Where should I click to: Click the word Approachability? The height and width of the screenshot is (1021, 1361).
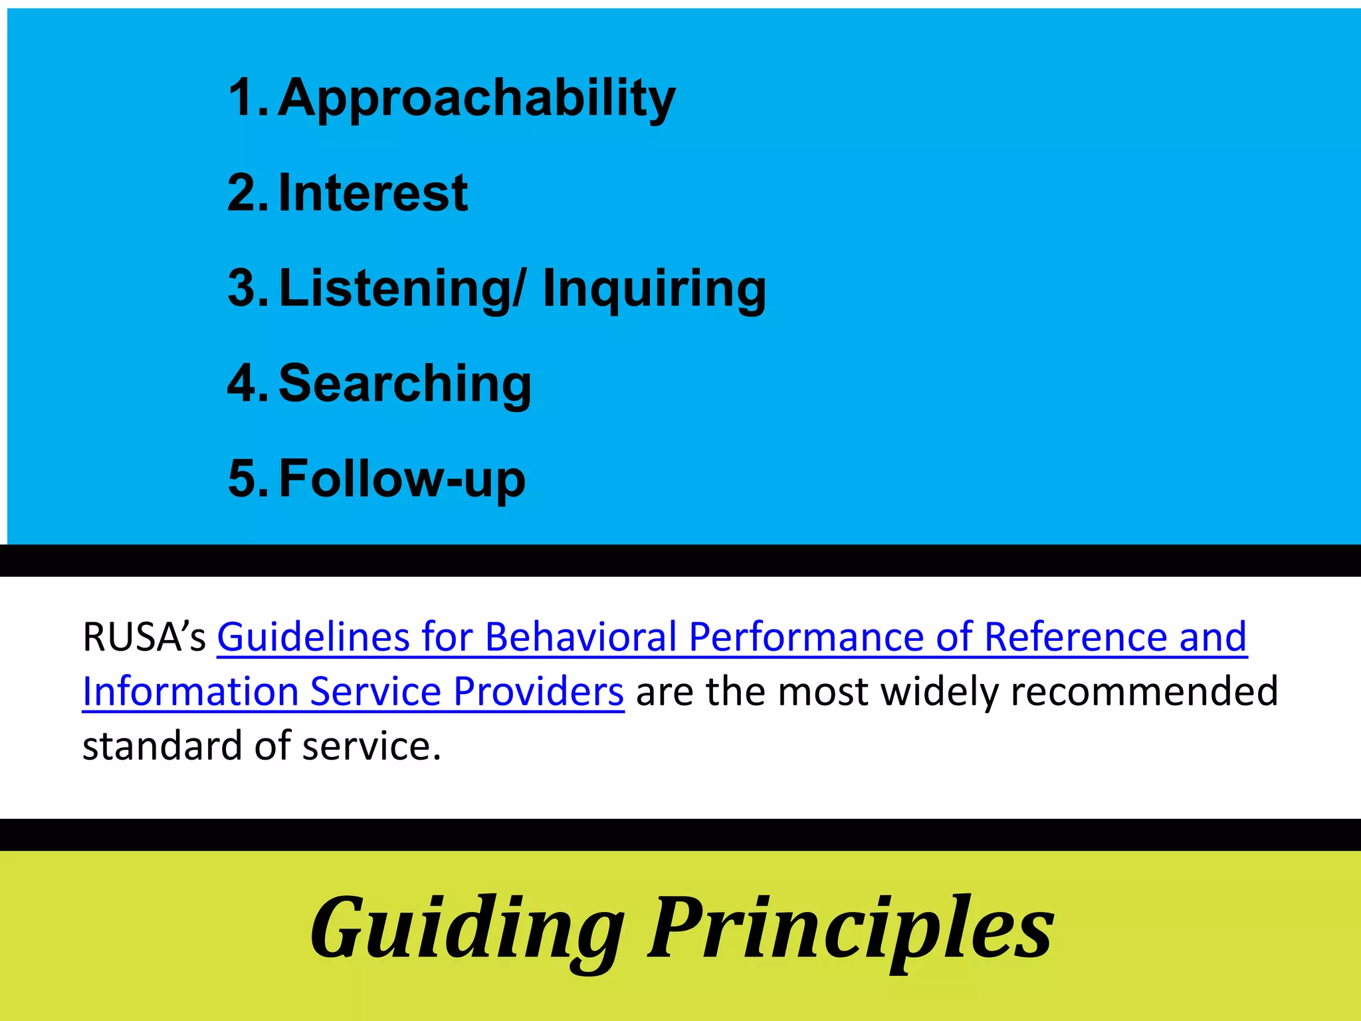476,98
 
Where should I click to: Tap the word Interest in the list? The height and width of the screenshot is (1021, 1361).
373,193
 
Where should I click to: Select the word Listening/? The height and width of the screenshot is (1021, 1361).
402,288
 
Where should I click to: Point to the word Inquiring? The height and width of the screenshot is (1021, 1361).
654,288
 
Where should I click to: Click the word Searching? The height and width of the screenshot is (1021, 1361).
405,384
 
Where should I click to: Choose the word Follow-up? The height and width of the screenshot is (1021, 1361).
402,478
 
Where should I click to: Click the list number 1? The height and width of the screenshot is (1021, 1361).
243,98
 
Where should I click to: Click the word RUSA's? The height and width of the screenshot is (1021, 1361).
144,637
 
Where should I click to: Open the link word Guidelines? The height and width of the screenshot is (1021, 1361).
313,637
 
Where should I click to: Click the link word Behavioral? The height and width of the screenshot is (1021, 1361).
581,637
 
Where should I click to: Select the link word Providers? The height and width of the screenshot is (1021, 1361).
538,691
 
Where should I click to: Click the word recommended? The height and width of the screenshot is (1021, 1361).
1144,691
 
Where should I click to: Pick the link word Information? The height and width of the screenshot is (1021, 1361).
190,691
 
